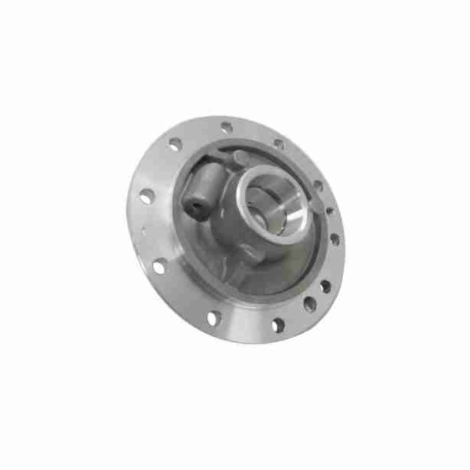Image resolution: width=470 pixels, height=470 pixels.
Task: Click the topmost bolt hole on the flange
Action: click(226, 126)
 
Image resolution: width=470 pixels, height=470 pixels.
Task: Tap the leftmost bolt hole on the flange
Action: click(146, 196)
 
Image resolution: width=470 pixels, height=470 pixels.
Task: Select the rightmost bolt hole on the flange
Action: click(335, 238)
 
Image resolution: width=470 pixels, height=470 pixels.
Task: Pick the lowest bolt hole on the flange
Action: click(277, 324)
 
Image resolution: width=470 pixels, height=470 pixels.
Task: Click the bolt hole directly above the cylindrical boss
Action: click(175, 144)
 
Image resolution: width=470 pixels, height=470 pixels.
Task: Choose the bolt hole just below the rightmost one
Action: click(325, 286)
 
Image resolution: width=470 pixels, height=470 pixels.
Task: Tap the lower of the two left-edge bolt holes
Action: click(160, 266)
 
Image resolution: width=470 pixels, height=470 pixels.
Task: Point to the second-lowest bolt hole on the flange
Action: click(212, 317)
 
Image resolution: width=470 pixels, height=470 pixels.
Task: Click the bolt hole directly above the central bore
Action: click(279, 144)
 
